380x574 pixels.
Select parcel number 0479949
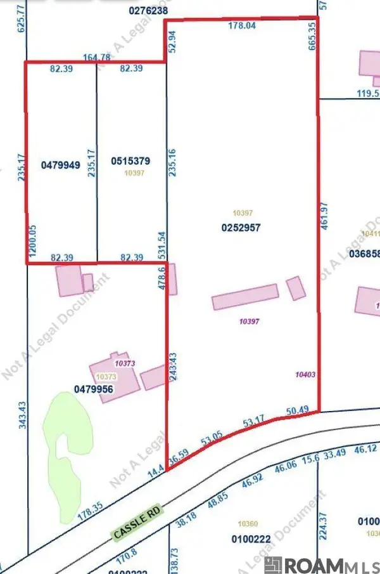(x=60, y=165)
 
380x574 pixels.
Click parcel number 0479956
(x=93, y=389)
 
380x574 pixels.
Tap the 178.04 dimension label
(x=241, y=27)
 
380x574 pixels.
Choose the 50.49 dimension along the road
(x=297, y=409)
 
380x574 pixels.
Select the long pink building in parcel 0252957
(x=245, y=296)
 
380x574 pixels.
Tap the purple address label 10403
(x=305, y=375)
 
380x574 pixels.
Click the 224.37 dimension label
(x=324, y=514)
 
